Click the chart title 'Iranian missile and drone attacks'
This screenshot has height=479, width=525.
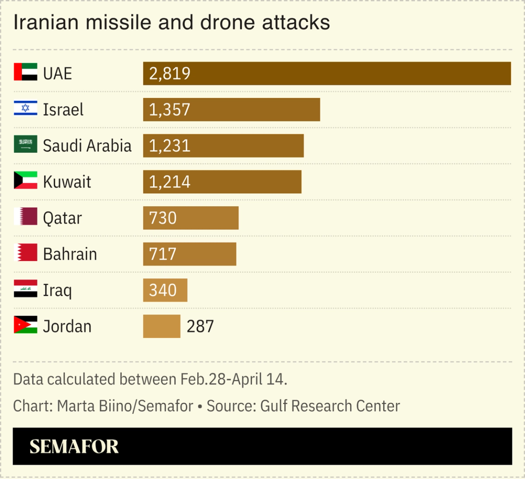[171, 22]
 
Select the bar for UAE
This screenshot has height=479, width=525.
[327, 73]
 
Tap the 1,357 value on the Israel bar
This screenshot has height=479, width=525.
[170, 110]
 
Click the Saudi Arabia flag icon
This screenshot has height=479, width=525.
[26, 144]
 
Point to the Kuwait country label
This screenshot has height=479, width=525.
[67, 182]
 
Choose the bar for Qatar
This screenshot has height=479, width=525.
[190, 218]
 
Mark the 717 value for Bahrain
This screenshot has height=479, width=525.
[163, 254]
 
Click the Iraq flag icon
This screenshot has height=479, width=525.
[26, 289]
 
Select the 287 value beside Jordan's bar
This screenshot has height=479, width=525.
[200, 327]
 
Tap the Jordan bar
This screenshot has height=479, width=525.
[161, 327]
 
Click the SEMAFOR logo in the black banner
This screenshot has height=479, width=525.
[74, 447]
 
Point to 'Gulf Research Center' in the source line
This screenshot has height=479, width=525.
[330, 406]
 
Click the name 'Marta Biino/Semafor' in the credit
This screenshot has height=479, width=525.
[125, 406]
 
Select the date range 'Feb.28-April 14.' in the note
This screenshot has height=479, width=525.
[234, 380]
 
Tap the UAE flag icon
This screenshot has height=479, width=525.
[26, 72]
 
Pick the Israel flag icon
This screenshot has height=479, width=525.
[26, 108]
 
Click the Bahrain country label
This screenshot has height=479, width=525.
[70, 254]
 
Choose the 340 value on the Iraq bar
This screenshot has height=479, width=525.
[163, 290]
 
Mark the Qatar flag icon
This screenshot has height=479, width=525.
[26, 217]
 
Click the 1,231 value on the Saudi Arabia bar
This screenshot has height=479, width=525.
[170, 146]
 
